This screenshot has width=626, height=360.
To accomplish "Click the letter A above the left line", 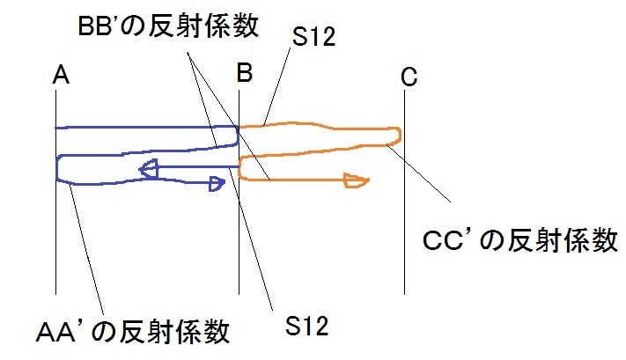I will point(61,77).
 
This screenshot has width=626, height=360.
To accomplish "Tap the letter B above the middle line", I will point(244,76).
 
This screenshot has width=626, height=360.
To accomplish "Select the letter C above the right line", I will point(408,77).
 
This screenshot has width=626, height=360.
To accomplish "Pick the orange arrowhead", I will point(356,181).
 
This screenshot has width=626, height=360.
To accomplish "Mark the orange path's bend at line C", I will point(399,134).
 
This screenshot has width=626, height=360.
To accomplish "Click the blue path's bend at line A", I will point(59,168).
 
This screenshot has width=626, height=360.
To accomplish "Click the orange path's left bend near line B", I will point(242,165).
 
